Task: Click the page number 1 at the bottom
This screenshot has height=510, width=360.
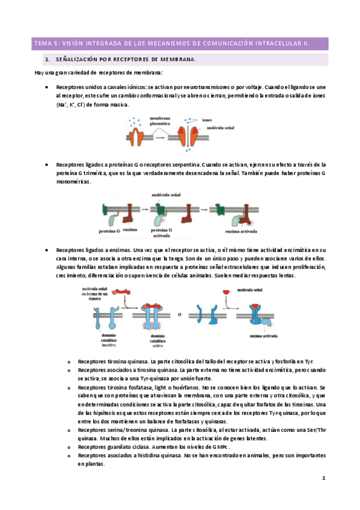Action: (x=323, y=478)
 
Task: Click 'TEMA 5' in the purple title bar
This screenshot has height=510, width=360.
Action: (x=45, y=43)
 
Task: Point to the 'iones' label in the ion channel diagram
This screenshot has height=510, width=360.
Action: (x=207, y=120)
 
